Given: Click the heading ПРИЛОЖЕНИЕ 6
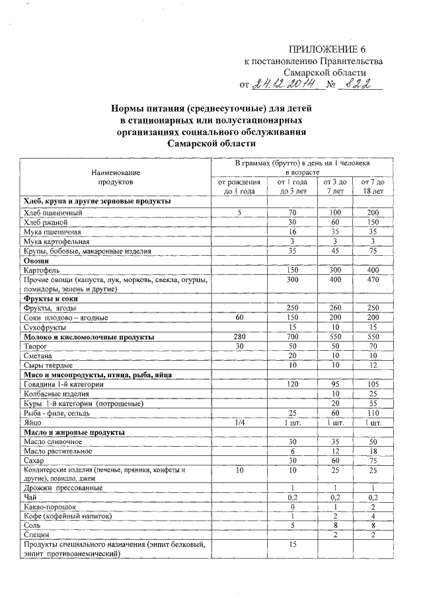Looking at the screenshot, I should tap(327, 50).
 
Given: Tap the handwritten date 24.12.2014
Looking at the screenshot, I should tap(289, 85).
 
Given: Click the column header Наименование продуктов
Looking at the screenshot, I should tap(116, 175).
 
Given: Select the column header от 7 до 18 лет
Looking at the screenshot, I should tap(373, 186).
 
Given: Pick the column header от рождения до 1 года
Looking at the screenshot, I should tap(239, 186).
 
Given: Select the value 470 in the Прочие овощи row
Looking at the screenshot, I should tap(373, 280).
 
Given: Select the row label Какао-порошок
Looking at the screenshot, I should tap(49, 506).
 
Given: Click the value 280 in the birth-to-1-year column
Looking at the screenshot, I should tap(239, 337).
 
